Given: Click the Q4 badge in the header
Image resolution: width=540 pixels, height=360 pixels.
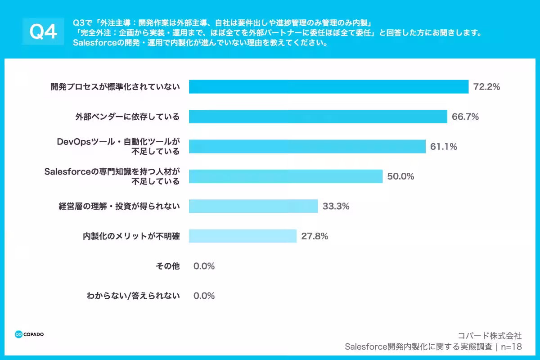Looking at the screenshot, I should click(x=43, y=31).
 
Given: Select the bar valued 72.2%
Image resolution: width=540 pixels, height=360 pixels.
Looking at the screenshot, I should click(x=328, y=87).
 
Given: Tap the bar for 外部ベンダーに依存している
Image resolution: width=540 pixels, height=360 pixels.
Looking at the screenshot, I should click(x=318, y=117).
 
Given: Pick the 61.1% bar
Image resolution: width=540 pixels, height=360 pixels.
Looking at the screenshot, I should click(x=307, y=146).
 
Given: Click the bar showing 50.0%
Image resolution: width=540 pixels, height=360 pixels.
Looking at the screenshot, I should click(x=285, y=176).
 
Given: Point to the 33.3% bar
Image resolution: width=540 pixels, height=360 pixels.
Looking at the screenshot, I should click(x=253, y=206).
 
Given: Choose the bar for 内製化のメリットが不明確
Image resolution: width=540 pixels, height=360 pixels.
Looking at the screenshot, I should click(x=243, y=236).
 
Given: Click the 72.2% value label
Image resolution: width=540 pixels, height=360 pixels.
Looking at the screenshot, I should click(x=486, y=87).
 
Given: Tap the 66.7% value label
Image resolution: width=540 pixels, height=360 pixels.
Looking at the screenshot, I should click(x=465, y=117).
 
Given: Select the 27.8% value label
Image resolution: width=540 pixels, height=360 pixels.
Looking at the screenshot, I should click(x=315, y=236).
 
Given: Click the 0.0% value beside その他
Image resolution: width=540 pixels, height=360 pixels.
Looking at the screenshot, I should click(x=204, y=266).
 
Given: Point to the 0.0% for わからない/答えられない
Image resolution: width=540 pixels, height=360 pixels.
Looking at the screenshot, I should click(x=204, y=296).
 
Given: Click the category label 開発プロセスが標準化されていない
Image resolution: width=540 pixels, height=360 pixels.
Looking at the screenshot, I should click(x=115, y=87).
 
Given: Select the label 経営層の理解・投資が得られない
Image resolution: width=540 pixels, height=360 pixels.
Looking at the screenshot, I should click(x=119, y=206).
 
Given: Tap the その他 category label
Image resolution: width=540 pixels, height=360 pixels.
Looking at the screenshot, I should click(x=167, y=266).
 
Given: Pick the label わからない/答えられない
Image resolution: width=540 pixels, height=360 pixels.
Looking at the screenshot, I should click(x=133, y=296).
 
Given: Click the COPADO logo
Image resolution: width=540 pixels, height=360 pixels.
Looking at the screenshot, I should click(x=29, y=334).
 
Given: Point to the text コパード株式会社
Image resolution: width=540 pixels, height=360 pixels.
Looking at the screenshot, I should click(x=490, y=336).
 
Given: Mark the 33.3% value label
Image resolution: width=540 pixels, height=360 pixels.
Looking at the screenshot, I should click(x=336, y=206).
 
